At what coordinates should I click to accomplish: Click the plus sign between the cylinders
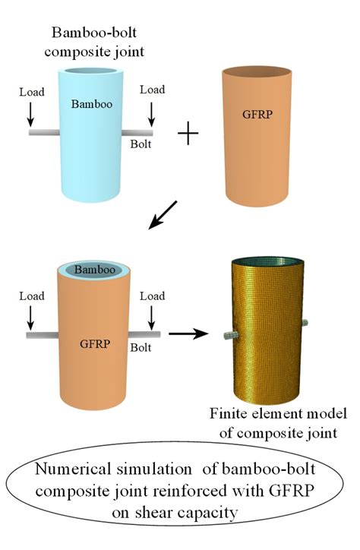pos(188,136)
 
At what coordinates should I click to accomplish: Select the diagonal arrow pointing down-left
pos(164,214)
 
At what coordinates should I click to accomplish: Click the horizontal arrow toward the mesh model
pos(188,332)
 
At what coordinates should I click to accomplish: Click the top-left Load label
pos(31,92)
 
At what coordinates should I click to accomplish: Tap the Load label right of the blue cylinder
pos(152,90)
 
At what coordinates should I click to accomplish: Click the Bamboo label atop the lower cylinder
pos(90,269)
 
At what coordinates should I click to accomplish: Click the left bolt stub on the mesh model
pos(227,333)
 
